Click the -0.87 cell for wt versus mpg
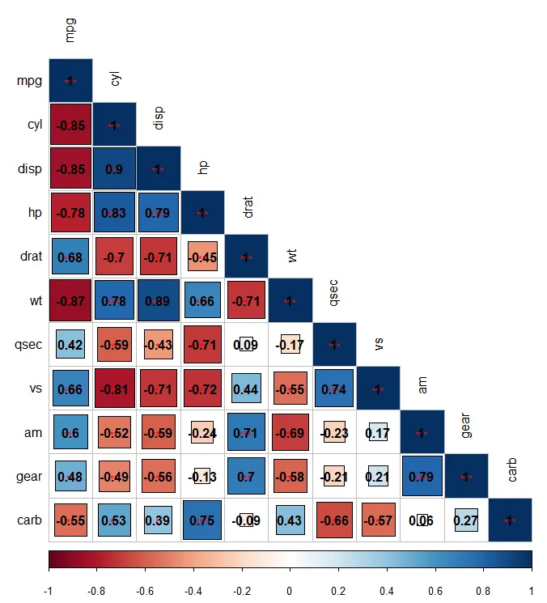coord(70,300)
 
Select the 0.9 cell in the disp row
coord(114,169)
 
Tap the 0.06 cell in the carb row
coord(421,520)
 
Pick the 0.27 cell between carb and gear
coord(465,520)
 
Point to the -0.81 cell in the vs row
coord(114,389)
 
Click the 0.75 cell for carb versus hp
coord(202,520)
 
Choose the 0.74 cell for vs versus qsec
coord(333,389)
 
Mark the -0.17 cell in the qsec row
coord(290,345)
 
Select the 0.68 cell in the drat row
coord(70,257)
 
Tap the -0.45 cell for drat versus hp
coord(202,257)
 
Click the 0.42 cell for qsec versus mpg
coord(70,345)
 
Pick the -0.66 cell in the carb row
coord(333,520)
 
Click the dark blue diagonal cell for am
coord(421,432)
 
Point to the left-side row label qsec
coord(29,345)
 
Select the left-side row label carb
coord(29,520)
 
